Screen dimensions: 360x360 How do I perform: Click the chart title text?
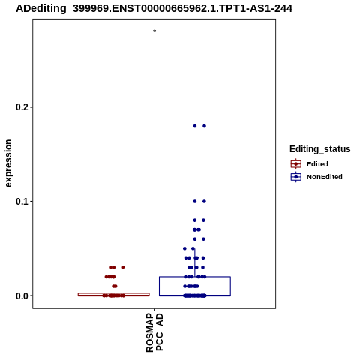pos(154,8)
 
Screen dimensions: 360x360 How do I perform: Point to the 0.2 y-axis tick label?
pos(22,107)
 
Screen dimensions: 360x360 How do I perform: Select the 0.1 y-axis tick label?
pos(22,201)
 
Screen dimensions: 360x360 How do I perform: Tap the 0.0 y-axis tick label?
pos(22,295)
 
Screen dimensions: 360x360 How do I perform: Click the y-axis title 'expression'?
pos(8,163)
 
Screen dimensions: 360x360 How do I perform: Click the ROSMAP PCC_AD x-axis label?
pos(154,332)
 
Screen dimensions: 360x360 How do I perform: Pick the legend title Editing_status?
pos(320,149)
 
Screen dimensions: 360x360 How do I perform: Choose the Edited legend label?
pos(317,164)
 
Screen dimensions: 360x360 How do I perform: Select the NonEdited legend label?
pos(325,177)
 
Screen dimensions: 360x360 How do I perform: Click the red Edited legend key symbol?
pos(296,164)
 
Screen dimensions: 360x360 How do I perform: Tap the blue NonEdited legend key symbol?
pos(296,177)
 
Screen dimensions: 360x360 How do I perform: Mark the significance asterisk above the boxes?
pos(154,31)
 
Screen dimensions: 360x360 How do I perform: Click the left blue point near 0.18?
pos(195,126)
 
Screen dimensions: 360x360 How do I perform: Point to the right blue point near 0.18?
pos(204,126)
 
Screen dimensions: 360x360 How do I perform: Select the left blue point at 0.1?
pos(195,201)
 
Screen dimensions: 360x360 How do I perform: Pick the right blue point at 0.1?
pos(204,201)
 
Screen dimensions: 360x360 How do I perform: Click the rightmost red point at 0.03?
pos(123,267)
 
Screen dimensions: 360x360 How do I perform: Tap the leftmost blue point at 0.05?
pos(184,248)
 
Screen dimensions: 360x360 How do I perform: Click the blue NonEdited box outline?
pos(160,286)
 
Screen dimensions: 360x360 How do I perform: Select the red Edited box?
pos(114,293)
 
